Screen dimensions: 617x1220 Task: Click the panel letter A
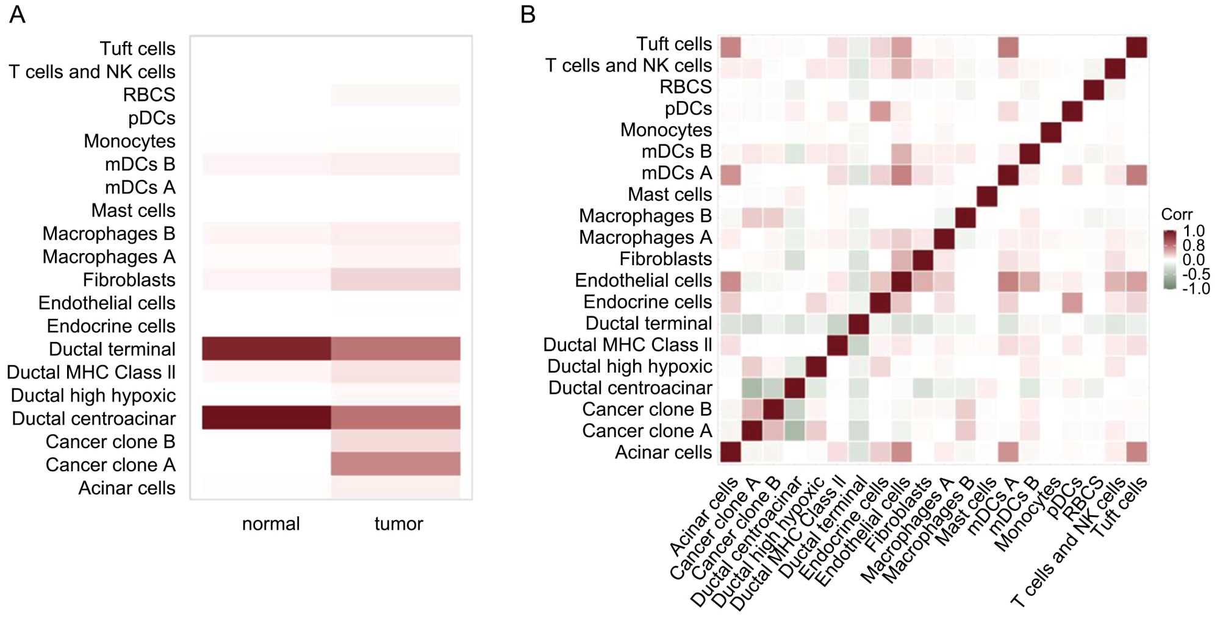click(x=17, y=14)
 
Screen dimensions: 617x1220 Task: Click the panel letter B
click(x=528, y=14)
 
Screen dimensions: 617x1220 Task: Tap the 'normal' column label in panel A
click(x=271, y=524)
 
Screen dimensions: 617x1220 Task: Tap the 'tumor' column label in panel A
click(x=398, y=524)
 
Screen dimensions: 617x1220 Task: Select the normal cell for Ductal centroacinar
click(x=267, y=418)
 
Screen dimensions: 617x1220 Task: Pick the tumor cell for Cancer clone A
click(x=395, y=464)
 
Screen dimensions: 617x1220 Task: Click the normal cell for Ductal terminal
click(x=267, y=349)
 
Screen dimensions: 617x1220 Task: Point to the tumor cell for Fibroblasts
click(x=395, y=279)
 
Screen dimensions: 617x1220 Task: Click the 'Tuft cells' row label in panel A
click(x=137, y=49)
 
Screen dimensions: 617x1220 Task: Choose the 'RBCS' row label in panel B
click(x=686, y=87)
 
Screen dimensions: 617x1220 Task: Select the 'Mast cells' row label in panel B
click(x=670, y=194)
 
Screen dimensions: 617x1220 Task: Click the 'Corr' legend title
click(x=1176, y=215)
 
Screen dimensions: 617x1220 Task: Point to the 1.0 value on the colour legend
click(x=1194, y=231)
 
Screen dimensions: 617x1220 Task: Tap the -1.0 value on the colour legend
click(x=1196, y=288)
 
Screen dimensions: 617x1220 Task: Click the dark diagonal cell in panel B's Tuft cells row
click(x=1136, y=47)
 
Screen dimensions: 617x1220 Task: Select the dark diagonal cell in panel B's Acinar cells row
click(x=731, y=452)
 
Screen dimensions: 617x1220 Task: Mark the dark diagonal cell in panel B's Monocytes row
click(x=1051, y=132)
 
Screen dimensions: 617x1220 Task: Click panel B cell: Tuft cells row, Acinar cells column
click(x=731, y=47)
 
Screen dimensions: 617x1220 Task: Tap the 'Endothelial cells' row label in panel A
click(x=107, y=303)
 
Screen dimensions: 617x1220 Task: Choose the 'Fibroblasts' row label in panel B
click(x=666, y=259)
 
